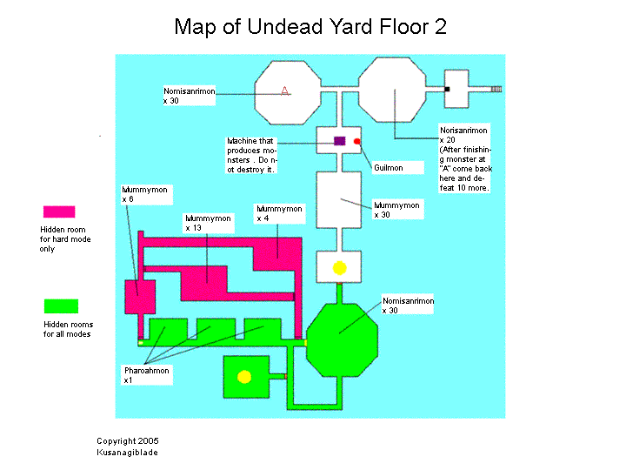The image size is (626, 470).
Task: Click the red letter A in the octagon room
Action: (x=285, y=91)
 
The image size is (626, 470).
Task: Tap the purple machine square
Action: (x=340, y=140)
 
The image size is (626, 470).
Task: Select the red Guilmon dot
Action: (x=356, y=141)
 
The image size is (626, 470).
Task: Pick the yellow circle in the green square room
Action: (x=245, y=376)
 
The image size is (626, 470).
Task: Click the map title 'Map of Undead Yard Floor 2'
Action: (x=310, y=26)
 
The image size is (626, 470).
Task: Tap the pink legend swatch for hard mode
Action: (x=59, y=211)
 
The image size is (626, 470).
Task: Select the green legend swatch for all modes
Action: (x=61, y=305)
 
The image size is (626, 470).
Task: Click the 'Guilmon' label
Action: (x=388, y=167)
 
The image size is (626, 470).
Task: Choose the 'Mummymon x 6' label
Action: (x=144, y=193)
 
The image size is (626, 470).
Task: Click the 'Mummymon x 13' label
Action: (x=209, y=222)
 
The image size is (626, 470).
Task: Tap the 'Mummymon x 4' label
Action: (x=279, y=213)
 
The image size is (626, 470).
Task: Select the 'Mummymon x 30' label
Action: (x=396, y=210)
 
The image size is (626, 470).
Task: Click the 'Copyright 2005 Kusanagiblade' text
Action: (x=128, y=446)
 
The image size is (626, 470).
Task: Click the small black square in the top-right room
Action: (x=447, y=89)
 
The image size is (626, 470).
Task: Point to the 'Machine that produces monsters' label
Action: (x=251, y=155)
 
